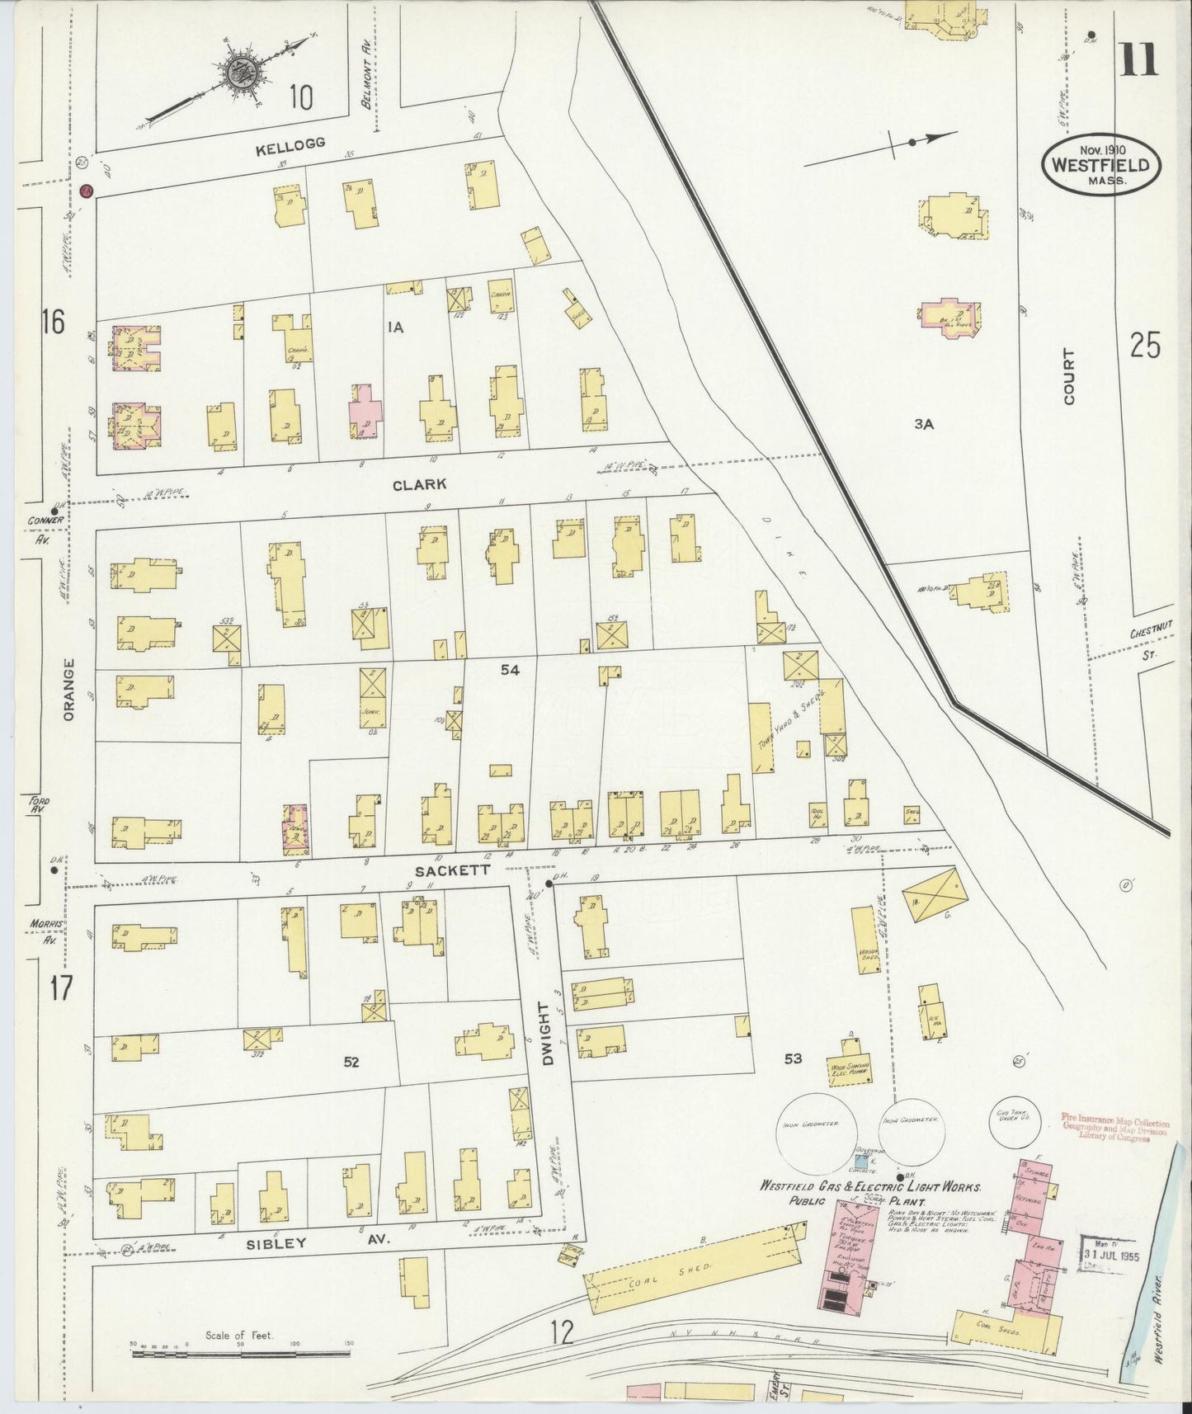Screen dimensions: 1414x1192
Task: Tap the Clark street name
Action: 419,484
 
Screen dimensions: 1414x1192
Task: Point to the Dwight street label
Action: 545,1034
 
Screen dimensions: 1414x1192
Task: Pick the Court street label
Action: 1069,376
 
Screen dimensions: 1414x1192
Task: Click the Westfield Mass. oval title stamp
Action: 1100,164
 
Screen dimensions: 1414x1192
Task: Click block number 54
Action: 510,671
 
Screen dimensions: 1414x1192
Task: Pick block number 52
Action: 351,1062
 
